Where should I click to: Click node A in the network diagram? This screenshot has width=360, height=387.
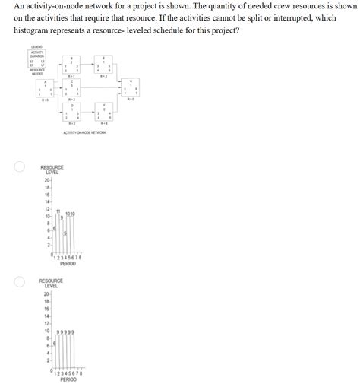[45, 89]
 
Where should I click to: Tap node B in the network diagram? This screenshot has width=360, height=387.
[72, 66]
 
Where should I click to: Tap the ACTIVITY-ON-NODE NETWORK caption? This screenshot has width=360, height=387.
[85, 132]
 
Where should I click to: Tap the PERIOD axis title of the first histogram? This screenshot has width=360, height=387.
[68, 264]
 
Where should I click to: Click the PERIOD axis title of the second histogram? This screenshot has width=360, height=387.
[68, 379]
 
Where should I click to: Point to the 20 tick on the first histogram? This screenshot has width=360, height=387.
[46, 179]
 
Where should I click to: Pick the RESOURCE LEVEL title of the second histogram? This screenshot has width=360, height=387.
[52, 283]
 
